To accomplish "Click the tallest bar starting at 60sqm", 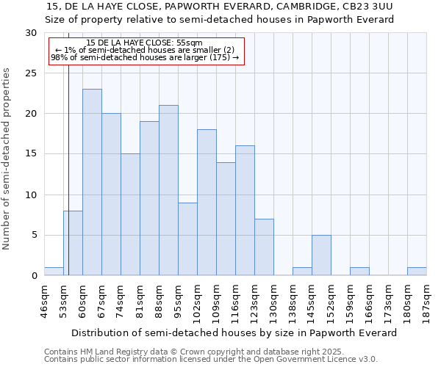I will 92,182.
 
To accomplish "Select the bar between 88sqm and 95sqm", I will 168,190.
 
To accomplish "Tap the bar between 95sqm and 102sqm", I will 187,239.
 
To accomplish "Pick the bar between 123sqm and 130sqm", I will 264,247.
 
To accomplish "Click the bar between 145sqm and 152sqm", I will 321,255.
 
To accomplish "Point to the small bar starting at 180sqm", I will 417,271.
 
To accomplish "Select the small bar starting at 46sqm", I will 54,271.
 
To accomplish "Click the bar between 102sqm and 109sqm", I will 207,203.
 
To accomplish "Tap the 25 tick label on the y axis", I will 30,73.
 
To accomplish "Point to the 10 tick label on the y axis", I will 30,195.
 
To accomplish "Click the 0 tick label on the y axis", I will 33,276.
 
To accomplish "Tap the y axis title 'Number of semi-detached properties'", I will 7,159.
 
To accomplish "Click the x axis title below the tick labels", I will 235,333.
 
